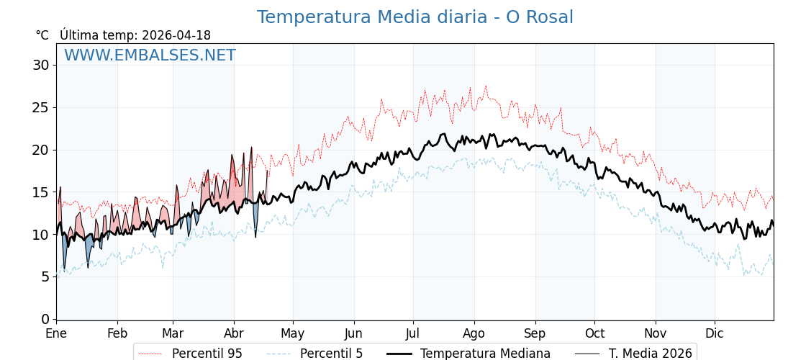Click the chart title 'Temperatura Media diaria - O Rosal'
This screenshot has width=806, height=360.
(415, 17)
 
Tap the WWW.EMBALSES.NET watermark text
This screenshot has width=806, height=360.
(150, 55)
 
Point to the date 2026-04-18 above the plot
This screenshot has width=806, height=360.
(176, 35)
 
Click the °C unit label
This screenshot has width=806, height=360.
(42, 35)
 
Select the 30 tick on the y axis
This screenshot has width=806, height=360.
(40, 66)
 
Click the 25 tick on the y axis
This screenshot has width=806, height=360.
(40, 107)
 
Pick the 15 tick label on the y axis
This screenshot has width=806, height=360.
(40, 192)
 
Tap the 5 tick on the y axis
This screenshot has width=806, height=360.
(45, 277)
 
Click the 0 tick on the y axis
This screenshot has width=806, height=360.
(45, 319)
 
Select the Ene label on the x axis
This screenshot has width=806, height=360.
(56, 334)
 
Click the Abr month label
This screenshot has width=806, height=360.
(234, 334)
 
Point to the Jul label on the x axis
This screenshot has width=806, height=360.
(413, 334)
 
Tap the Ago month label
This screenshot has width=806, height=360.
(474, 334)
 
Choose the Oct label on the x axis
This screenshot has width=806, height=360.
(594, 334)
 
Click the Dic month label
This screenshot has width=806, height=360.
(715, 334)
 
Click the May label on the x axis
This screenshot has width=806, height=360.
(293, 334)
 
